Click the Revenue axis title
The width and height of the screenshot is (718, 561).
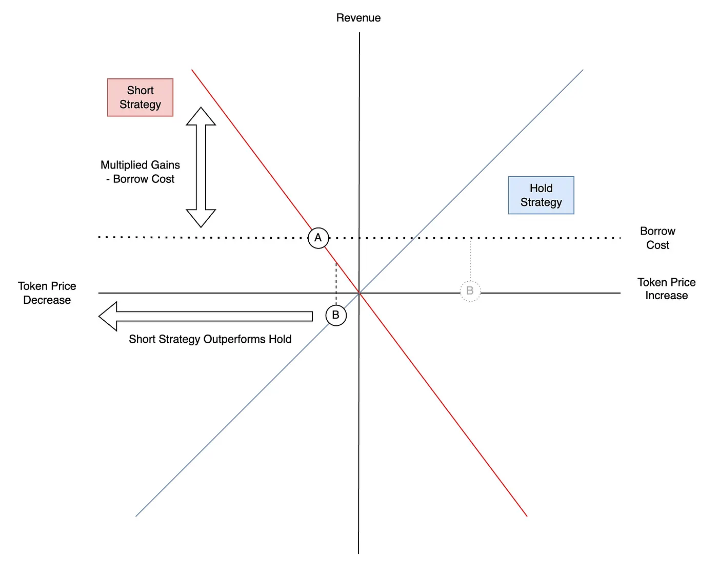pos(358,17)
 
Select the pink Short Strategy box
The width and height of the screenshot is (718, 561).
pos(140,97)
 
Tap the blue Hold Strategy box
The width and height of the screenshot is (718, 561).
pos(541,195)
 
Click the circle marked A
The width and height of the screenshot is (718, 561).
pos(318,238)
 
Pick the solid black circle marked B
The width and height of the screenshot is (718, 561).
pos(336,315)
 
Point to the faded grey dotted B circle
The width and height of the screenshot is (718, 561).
pos(470,290)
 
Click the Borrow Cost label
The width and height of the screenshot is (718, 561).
pos(657,238)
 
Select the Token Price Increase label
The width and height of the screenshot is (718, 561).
pos(666,289)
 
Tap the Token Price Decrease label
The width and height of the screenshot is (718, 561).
pos(47,293)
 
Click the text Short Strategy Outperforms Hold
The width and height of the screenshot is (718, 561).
pos(210,339)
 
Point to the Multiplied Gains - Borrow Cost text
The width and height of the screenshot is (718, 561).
pos(140,172)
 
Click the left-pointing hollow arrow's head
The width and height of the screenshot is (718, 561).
pos(108,316)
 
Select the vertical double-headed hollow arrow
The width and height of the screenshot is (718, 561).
pos(201,168)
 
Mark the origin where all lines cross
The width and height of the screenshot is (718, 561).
pos(359,293)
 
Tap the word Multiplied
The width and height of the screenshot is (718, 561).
pos(124,164)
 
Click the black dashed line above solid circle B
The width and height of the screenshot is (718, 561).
pos(336,284)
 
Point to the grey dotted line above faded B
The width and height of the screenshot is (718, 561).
pos(470,259)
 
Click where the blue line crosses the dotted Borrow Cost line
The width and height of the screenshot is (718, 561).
pos(414,238)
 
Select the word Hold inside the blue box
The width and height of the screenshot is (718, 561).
pos(541,188)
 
